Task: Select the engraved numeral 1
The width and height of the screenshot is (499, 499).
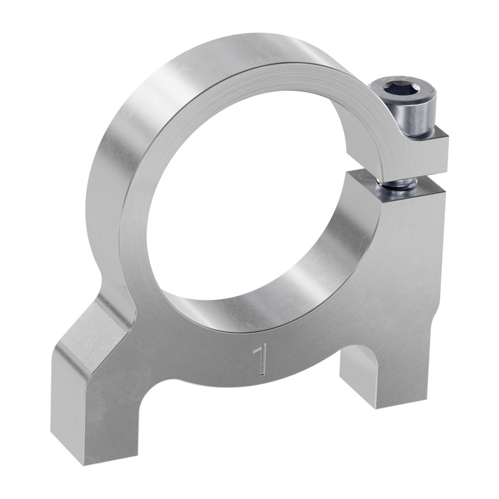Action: click(x=261, y=360)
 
